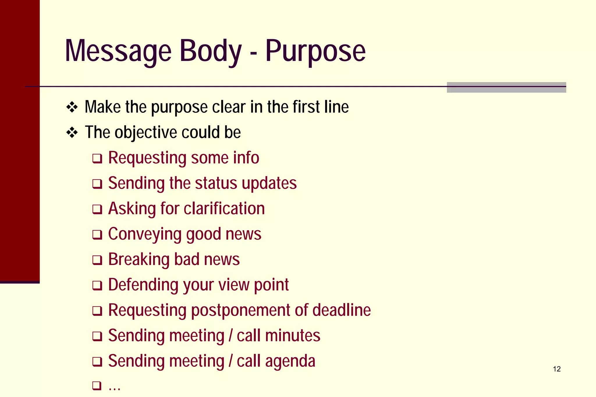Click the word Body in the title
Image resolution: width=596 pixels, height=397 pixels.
point(211,51)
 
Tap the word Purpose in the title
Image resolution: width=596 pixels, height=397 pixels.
point(315,51)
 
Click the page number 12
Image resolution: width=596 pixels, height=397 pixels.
point(556,369)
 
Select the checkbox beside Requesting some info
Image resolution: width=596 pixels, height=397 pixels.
point(97,159)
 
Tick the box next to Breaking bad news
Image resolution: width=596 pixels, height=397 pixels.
point(97,260)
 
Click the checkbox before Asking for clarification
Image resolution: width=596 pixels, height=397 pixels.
point(97,209)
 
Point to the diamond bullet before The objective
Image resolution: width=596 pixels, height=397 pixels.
point(72,133)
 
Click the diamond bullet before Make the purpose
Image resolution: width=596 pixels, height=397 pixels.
point(72,108)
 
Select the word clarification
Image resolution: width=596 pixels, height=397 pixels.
point(224,209)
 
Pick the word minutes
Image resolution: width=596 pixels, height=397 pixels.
point(293,335)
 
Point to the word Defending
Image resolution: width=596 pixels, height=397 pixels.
point(143,285)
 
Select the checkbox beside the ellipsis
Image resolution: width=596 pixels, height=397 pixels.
point(97,386)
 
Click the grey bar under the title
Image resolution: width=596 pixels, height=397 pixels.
point(506,87)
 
